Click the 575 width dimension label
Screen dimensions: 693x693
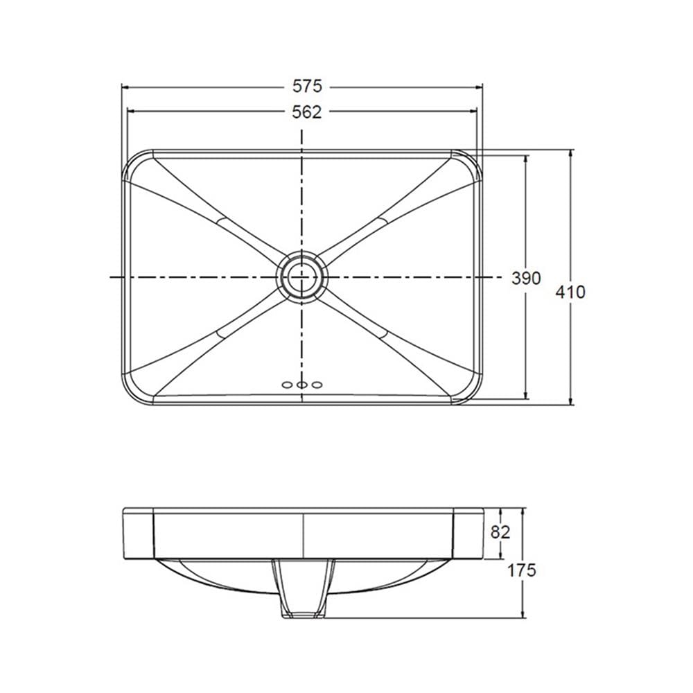coord(307,86)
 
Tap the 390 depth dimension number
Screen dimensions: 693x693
coord(526,278)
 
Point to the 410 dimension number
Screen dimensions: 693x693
coord(570,292)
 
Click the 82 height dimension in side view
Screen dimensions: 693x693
coord(500,532)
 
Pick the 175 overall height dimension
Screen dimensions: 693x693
coord(522,570)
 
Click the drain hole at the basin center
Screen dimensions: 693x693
coord(303,277)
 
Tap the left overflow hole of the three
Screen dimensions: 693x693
coord(288,385)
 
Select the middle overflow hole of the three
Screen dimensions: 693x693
coord(302,385)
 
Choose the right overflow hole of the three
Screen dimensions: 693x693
coord(317,385)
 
